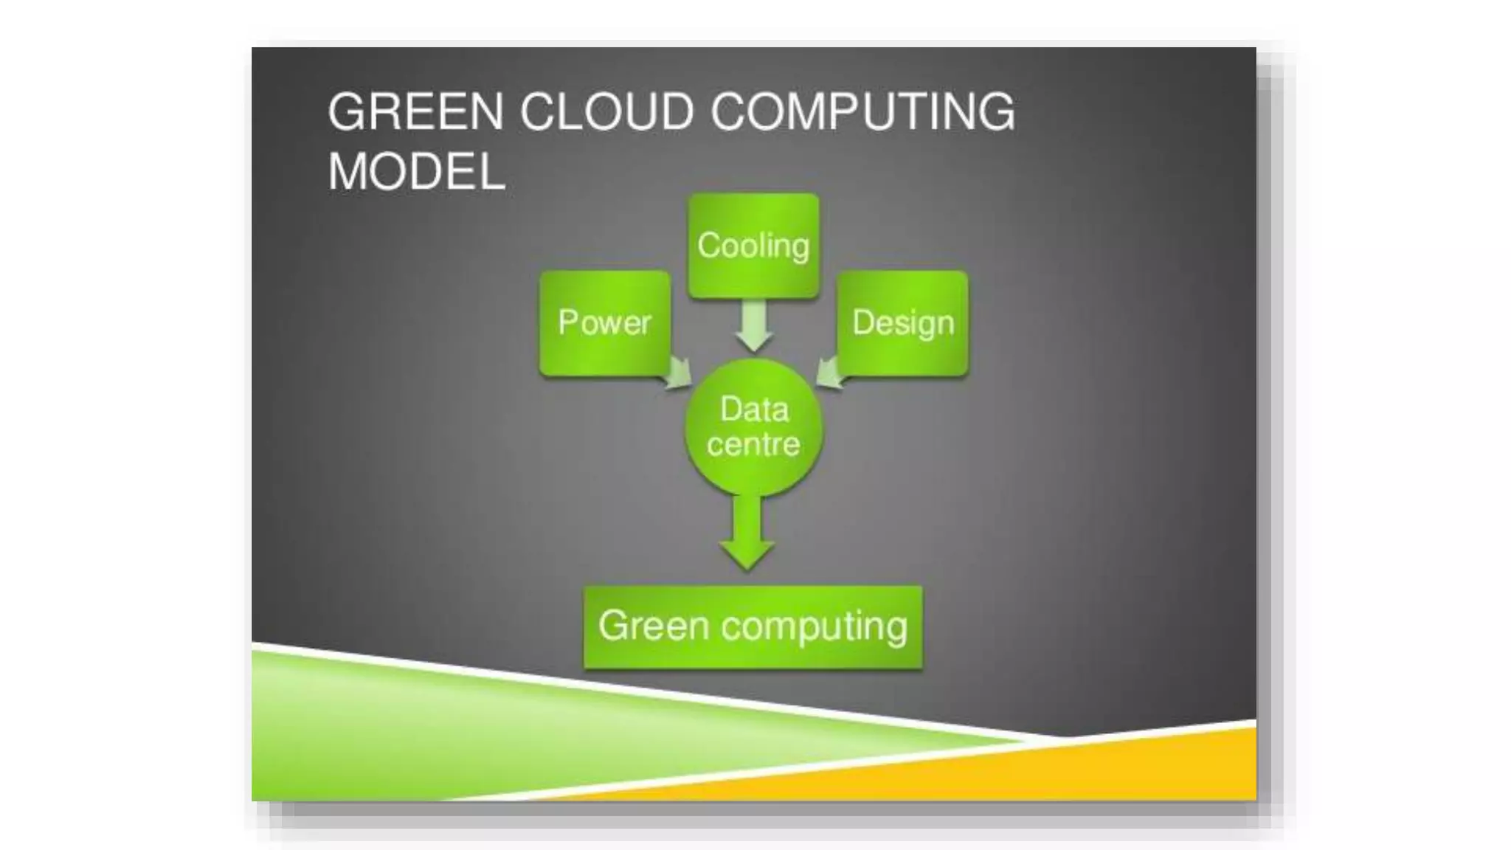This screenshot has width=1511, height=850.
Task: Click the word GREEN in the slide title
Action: click(x=415, y=112)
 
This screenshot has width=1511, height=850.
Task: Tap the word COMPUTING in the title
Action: click(x=862, y=112)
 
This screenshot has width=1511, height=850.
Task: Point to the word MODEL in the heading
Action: click(x=416, y=172)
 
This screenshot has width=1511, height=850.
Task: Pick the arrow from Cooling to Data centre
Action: click(x=753, y=327)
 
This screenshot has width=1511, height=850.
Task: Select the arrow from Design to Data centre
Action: click(x=830, y=372)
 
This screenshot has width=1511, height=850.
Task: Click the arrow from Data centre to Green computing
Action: click(x=747, y=535)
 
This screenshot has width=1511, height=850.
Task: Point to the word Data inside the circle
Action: click(x=754, y=410)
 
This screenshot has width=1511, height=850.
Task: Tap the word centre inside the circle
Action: click(x=753, y=444)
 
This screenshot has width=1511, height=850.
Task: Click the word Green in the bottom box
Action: click(x=654, y=626)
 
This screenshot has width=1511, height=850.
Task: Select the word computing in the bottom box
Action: click(x=815, y=627)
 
